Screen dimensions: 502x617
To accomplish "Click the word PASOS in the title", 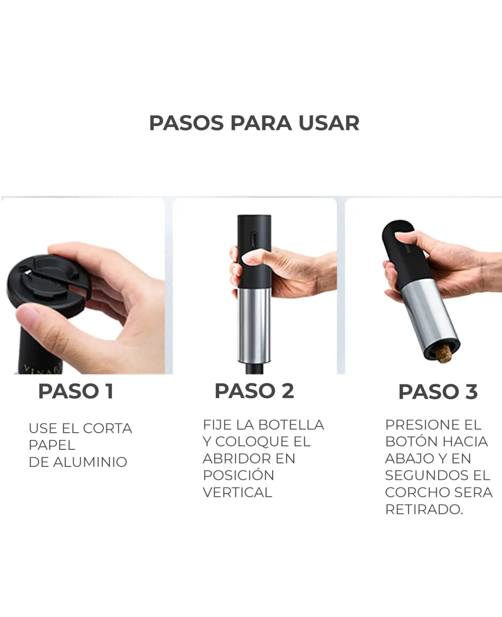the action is click(x=187, y=123).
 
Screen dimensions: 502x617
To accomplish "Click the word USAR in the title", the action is click(x=329, y=123).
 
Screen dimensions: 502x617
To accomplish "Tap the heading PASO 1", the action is click(x=76, y=392).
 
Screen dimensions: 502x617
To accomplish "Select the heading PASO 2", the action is click(x=255, y=391).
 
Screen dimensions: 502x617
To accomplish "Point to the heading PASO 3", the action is click(x=438, y=392).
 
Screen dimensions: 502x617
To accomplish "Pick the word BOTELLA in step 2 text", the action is click(x=291, y=425).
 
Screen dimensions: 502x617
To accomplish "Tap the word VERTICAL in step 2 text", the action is click(x=237, y=492).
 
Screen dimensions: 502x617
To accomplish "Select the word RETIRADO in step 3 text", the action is click(x=424, y=509).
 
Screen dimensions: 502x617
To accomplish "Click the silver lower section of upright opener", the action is click(x=254, y=325).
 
